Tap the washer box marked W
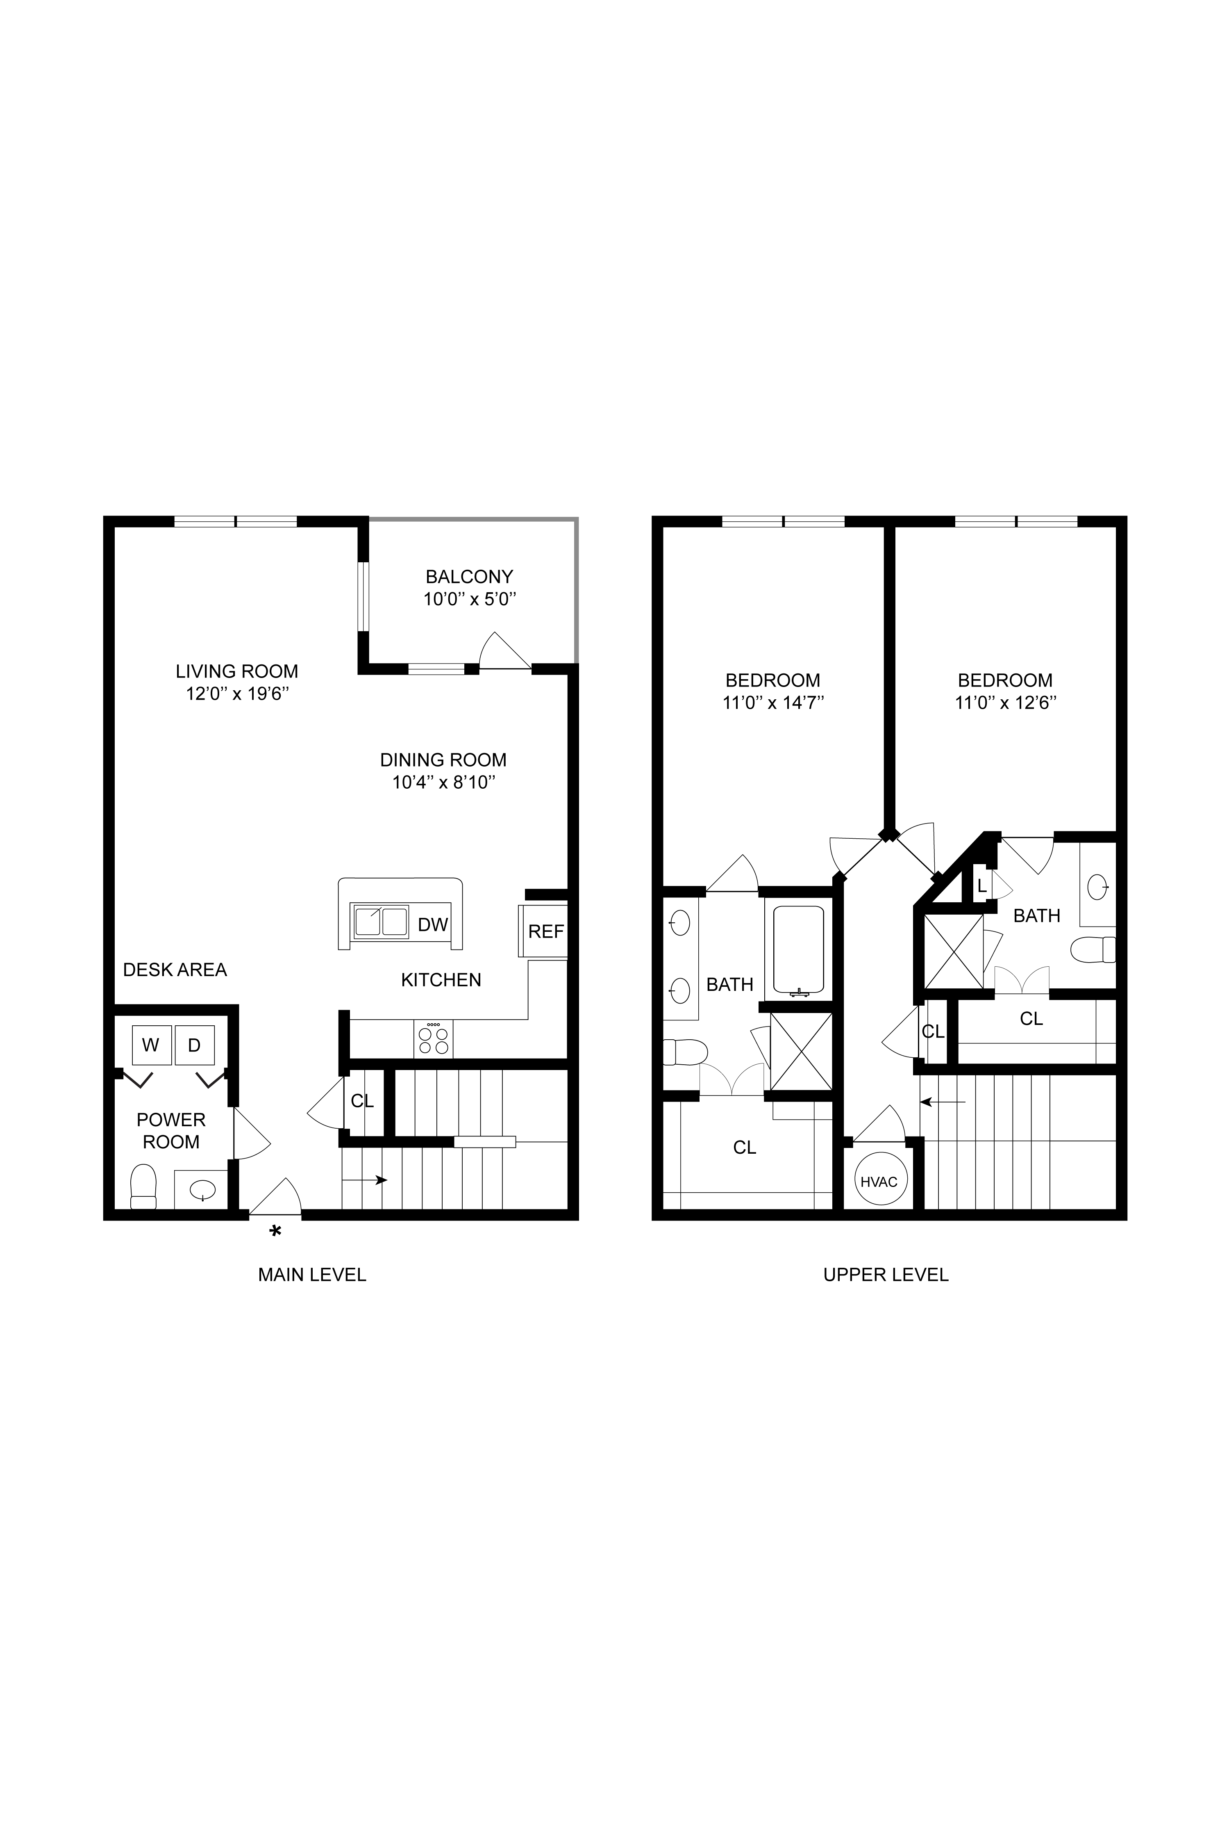click(151, 1045)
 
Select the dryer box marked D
click(194, 1045)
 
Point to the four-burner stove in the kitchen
click(434, 1039)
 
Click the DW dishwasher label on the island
click(433, 924)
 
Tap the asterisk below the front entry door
click(275, 1232)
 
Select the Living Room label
click(237, 671)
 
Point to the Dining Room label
click(444, 760)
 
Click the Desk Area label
click(175, 970)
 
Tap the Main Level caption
click(312, 1275)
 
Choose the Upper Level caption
click(886, 1275)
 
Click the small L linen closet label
click(981, 886)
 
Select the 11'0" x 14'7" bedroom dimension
click(773, 703)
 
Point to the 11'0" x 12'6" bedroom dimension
click(1006, 703)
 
